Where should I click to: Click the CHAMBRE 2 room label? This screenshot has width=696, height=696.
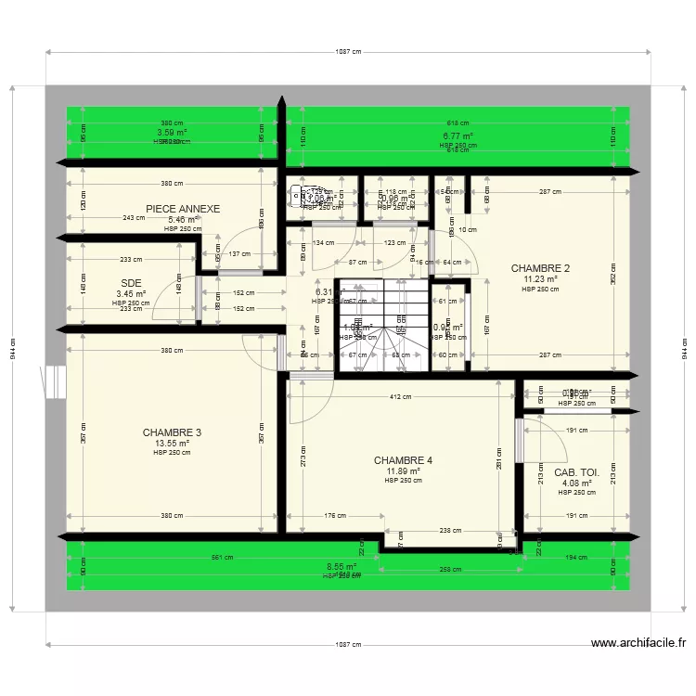click(x=540, y=268)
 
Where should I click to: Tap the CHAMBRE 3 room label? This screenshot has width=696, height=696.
click(x=172, y=432)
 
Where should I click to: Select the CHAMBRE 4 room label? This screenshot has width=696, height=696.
click(x=403, y=460)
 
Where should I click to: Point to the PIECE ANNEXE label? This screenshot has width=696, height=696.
click(x=183, y=209)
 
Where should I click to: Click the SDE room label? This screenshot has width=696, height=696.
click(x=130, y=284)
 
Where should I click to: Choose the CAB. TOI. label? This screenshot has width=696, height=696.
click(x=576, y=472)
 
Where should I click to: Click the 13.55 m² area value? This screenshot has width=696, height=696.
click(x=172, y=444)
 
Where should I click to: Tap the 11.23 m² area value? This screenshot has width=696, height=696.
click(x=540, y=278)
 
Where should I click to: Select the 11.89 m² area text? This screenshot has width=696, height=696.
click(x=403, y=471)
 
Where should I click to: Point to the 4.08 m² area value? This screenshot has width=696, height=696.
click(x=576, y=483)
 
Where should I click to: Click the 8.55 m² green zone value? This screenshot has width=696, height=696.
click(x=342, y=566)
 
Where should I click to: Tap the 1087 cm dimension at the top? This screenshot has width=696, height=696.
click(x=348, y=53)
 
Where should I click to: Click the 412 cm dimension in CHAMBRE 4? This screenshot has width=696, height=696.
click(x=400, y=398)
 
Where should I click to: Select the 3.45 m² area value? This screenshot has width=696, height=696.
click(x=131, y=294)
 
